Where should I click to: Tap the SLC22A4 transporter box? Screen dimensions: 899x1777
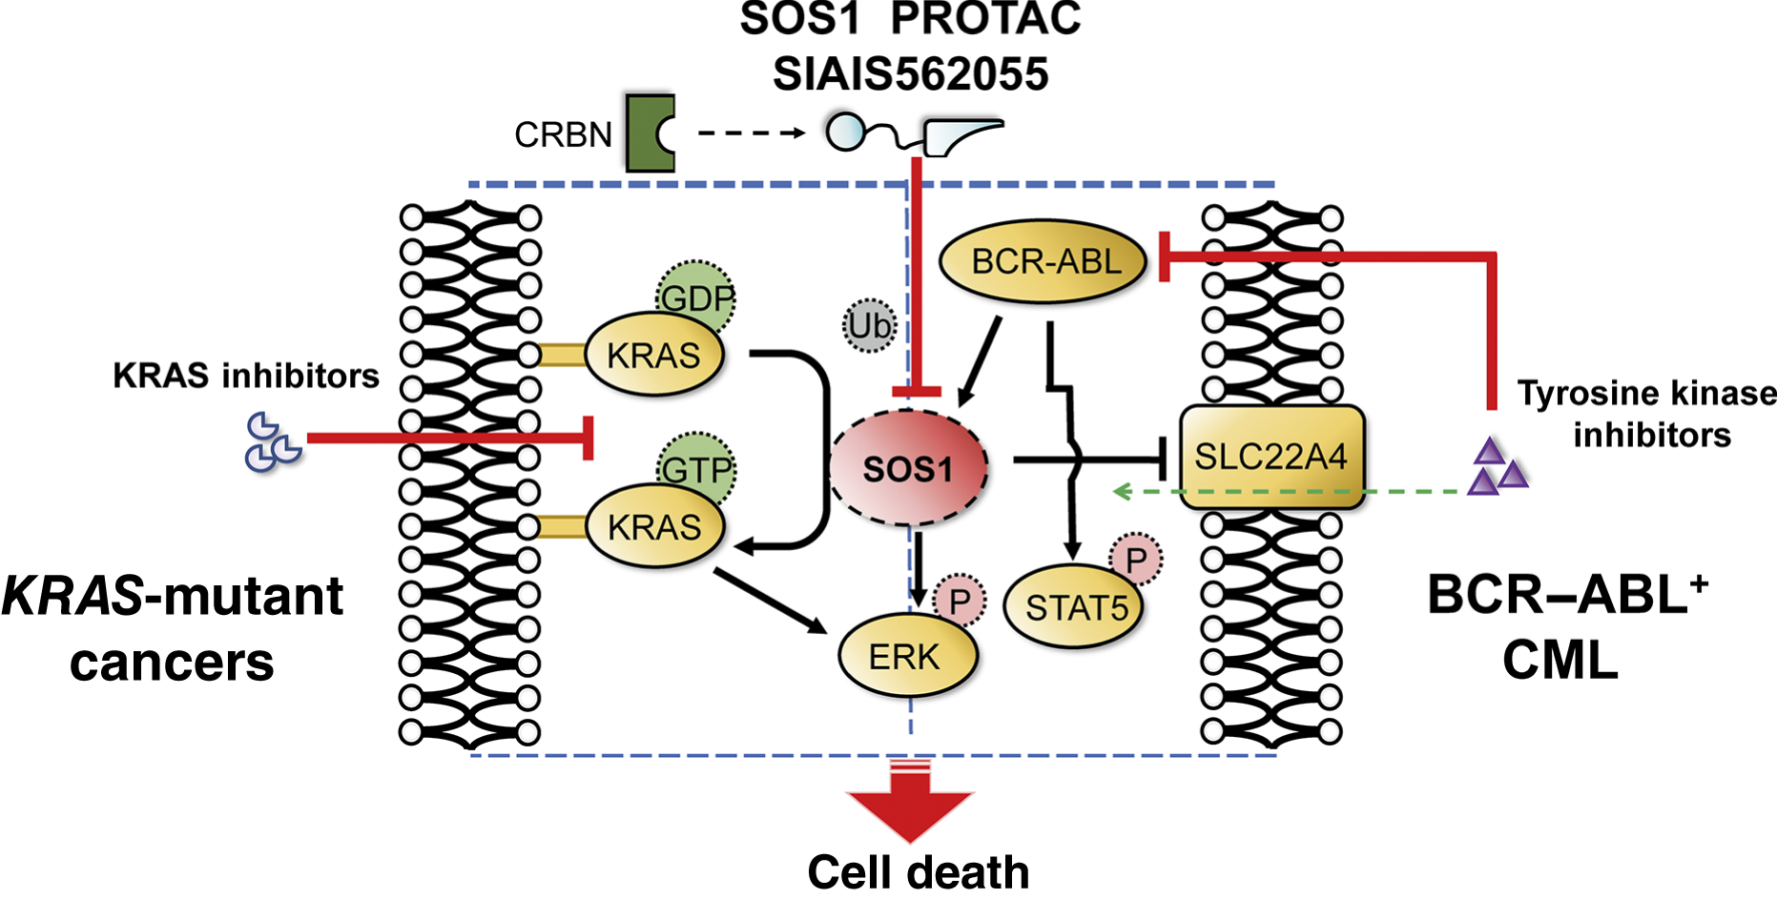[1271, 457]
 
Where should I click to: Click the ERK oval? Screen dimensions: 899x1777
[906, 656]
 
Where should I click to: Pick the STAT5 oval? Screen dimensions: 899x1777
[1075, 607]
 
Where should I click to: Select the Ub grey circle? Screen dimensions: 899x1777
[869, 326]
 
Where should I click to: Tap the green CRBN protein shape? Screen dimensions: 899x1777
[650, 133]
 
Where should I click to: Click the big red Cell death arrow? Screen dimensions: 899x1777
[910, 801]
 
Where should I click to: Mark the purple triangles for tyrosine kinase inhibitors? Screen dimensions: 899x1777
[1495, 467]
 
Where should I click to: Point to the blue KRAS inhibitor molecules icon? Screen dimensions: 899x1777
[272, 442]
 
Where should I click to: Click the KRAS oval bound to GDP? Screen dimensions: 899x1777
[653, 356]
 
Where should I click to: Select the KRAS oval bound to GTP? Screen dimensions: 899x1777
[654, 527]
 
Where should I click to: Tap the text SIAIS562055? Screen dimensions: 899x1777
[910, 74]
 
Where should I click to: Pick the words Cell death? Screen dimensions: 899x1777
[918, 871]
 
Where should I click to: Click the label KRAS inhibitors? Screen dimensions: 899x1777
[246, 376]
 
